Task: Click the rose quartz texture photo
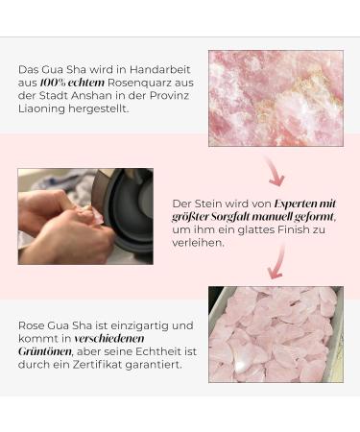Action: click(276, 97)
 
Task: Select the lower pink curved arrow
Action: click(277, 261)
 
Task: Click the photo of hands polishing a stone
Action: click(84, 216)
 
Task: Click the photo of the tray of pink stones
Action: click(276, 333)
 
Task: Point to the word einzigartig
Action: click(129, 324)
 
